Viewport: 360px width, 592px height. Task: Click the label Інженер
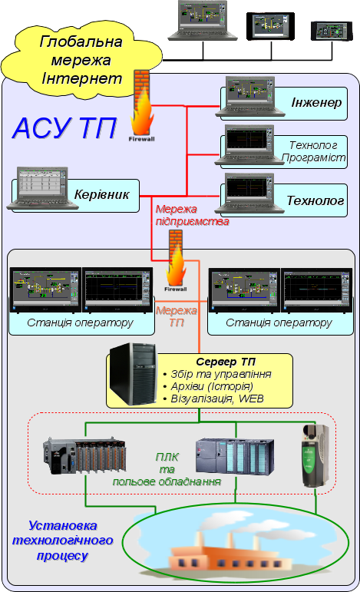(x=316, y=103)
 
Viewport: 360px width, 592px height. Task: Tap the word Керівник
(x=101, y=194)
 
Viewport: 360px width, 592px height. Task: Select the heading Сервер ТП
(x=226, y=362)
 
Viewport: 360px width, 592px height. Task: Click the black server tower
(x=134, y=375)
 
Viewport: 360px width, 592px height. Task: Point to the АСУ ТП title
(x=64, y=128)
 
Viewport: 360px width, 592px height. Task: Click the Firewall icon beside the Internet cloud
(x=142, y=106)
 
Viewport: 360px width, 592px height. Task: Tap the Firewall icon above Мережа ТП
(x=176, y=260)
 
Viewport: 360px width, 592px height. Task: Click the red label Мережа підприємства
(x=192, y=215)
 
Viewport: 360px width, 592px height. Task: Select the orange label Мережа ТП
(x=177, y=316)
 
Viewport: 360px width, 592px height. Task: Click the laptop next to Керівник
(x=42, y=188)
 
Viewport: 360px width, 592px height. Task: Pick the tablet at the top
(x=270, y=26)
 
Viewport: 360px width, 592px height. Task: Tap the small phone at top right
(x=332, y=31)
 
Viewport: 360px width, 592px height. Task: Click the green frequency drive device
(x=315, y=455)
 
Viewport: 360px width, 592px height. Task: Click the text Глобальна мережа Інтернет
(x=81, y=60)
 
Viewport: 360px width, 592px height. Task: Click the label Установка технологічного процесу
(x=63, y=541)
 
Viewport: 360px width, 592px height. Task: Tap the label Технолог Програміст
(x=314, y=151)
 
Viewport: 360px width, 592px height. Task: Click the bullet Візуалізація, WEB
(x=213, y=399)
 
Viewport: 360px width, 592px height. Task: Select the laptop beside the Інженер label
(x=250, y=97)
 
